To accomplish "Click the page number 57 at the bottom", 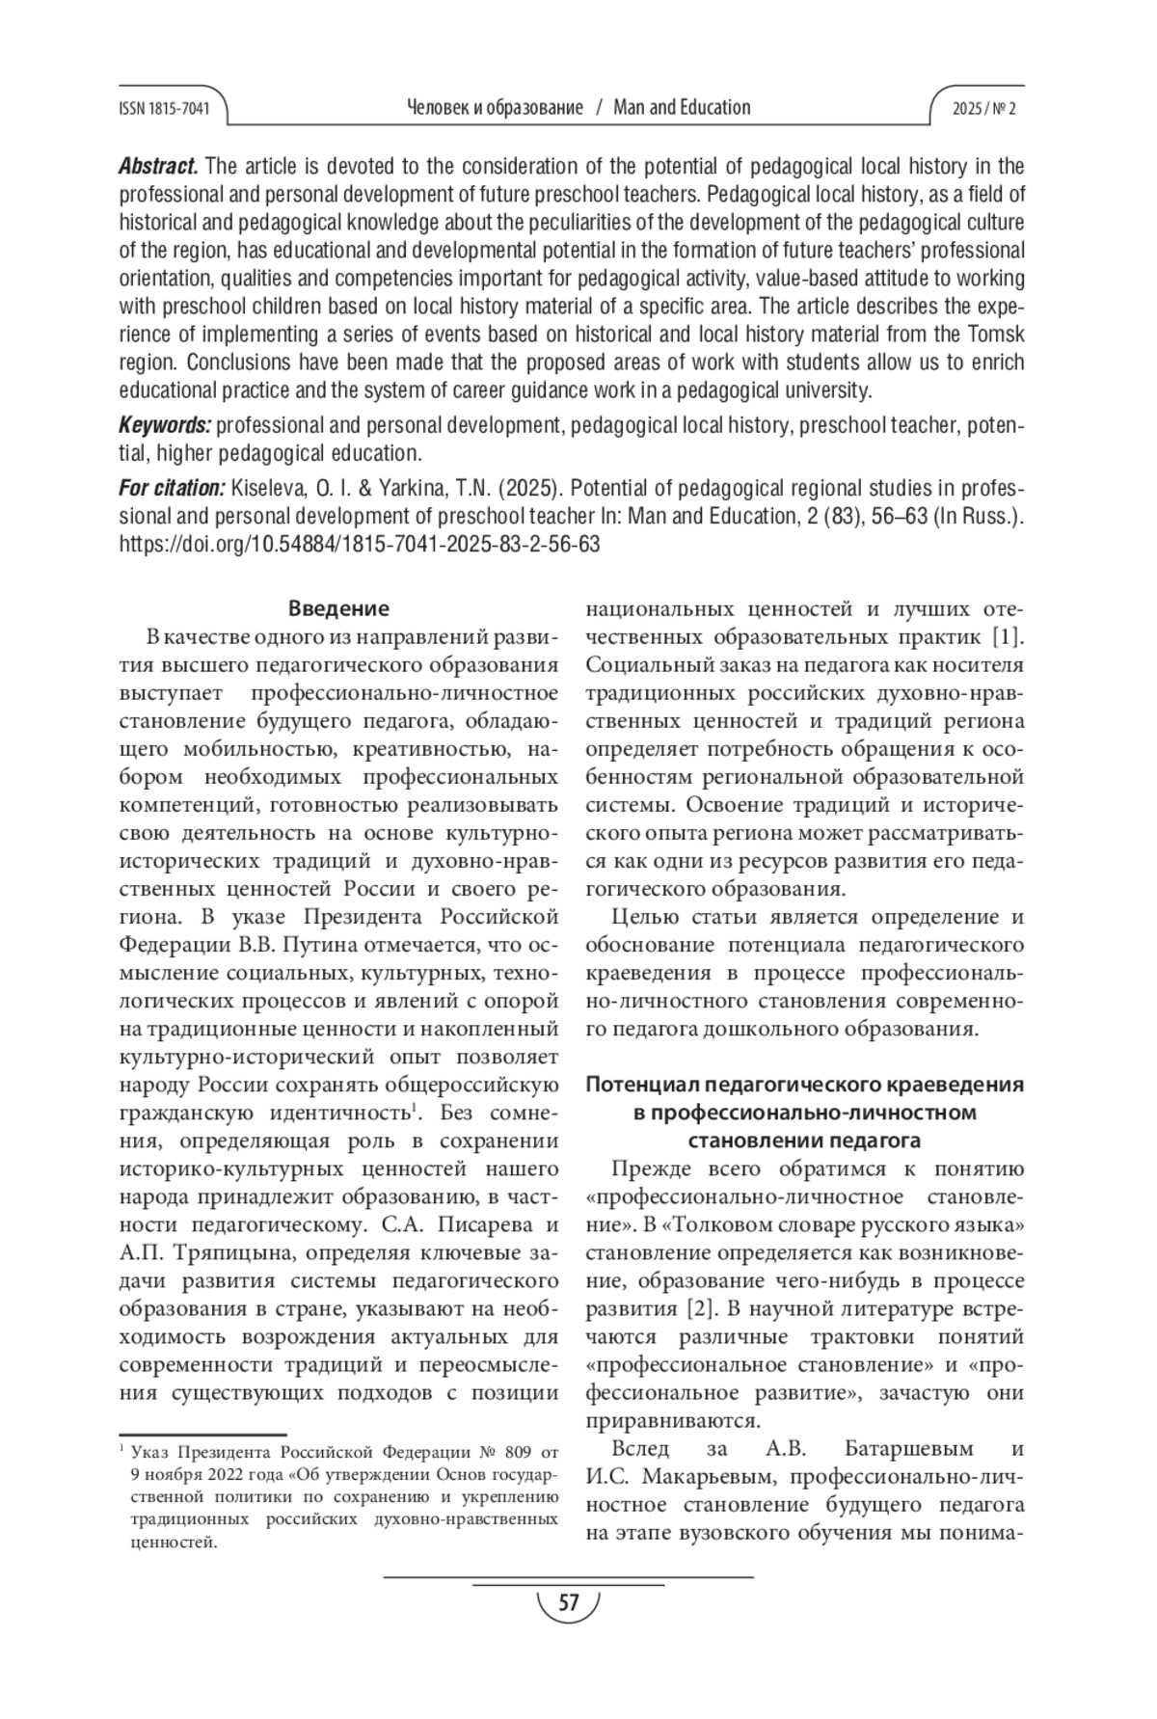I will pos(569,1601).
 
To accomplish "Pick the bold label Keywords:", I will pos(165,425).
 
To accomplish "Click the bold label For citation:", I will pos(172,488).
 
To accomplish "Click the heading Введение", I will pos(338,608).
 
